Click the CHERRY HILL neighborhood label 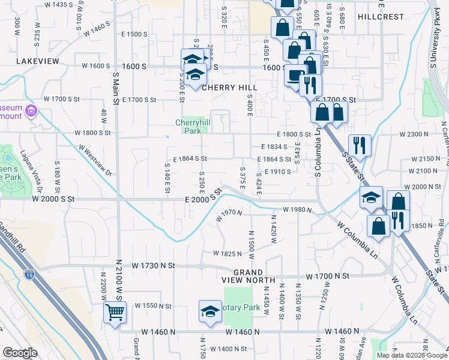tap(229, 88)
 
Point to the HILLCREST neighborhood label tap(381, 17)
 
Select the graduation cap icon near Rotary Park tap(210, 312)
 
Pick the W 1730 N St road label tap(154, 265)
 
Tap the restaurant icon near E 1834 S tap(359, 145)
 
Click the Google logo tap(20, 353)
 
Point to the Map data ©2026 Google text tap(412, 355)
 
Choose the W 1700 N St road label tap(327, 276)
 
